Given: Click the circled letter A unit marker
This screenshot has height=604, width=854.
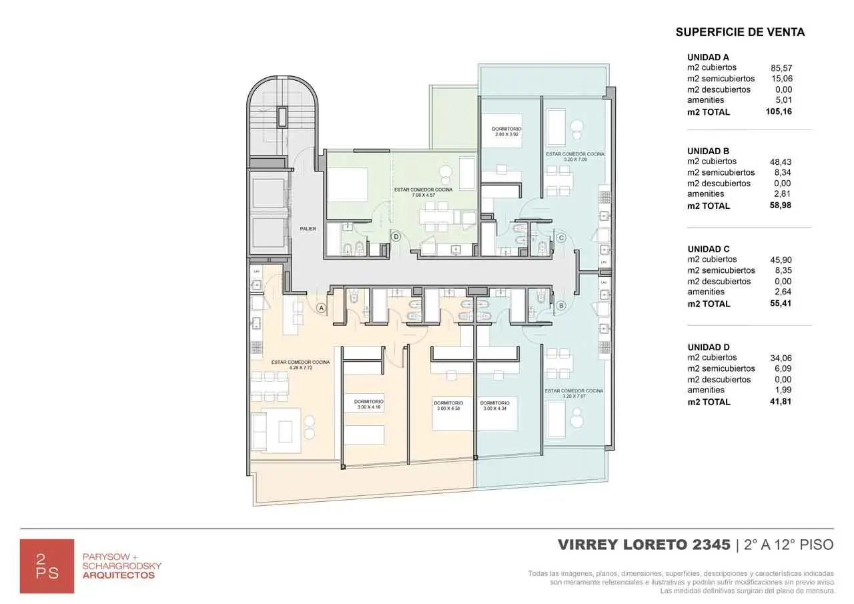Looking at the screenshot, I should pos(321,308).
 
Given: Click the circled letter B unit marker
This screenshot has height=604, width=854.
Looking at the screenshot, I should pos(561,306).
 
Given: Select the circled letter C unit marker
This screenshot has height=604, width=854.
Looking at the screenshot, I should pos(561,238).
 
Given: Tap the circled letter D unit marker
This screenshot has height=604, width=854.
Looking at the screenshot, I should pos(396,236).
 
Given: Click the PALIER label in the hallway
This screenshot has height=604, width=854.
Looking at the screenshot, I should pos(308,229).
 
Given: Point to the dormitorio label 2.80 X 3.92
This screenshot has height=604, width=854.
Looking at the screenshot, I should pos(506,131).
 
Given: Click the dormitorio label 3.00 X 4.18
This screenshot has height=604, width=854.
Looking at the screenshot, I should pos(369,404).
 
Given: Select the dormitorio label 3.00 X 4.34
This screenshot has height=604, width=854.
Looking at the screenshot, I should pos(494,405).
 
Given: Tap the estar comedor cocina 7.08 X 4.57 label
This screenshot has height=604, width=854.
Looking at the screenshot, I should pos(432,192).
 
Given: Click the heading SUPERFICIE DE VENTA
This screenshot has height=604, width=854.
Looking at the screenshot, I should pos(740,32).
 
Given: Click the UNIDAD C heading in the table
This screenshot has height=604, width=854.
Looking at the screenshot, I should pos(708,249).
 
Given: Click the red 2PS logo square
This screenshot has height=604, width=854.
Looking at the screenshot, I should pos(47,566).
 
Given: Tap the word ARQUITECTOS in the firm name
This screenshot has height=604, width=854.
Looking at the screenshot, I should pos(118,575).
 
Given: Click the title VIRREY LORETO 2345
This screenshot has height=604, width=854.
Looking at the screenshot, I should pos(644,545).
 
